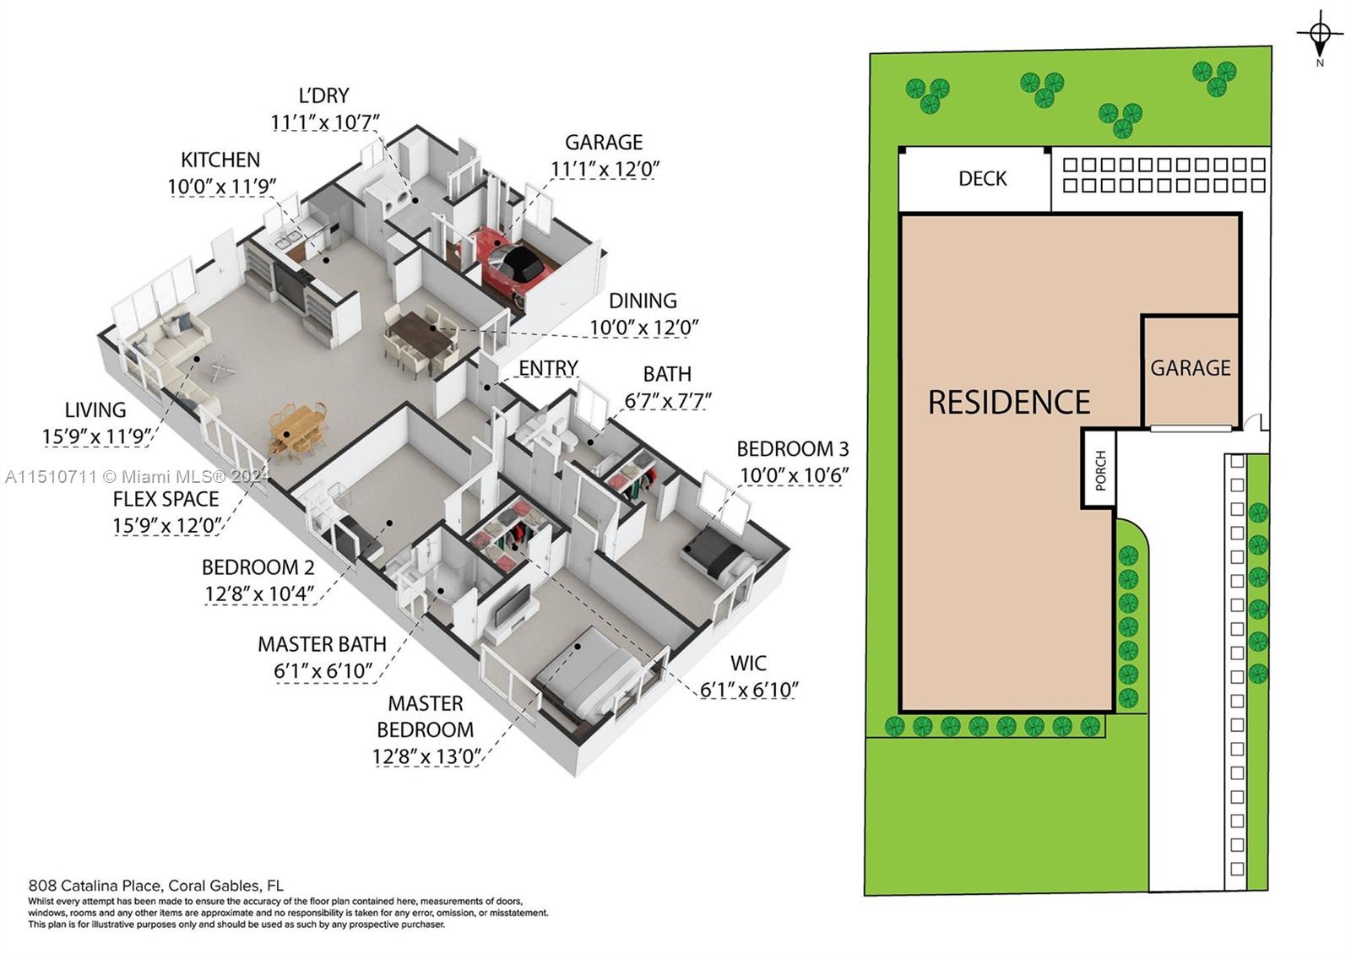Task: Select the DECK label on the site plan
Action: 983,178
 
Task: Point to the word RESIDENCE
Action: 1009,402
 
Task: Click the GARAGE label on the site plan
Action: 1190,368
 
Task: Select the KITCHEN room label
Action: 220,160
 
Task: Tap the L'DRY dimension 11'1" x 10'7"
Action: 324,122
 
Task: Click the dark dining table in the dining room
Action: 420,332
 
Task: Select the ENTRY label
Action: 548,368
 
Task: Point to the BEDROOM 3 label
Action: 793,448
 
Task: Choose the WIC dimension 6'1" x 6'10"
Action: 748,689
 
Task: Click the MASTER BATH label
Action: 322,644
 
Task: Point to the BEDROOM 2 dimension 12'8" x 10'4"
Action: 258,594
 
